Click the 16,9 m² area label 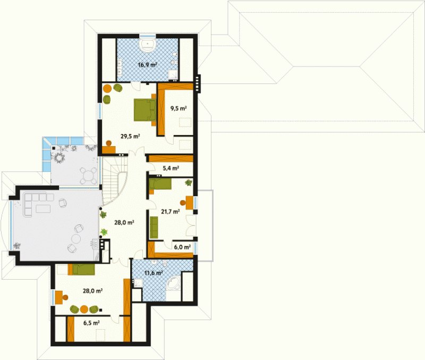coord(148,65)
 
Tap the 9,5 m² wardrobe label coord(178,108)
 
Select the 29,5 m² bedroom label coord(130,136)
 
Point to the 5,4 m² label coord(171,168)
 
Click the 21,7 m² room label coord(170,211)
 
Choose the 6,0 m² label coord(182,247)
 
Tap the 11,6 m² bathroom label coord(154,272)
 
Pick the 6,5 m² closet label coord(91,323)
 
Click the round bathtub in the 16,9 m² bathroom coord(148,45)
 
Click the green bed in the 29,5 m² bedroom coord(145,110)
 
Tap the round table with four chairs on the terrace coord(88,175)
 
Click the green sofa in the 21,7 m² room coord(154,228)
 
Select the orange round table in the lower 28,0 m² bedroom coord(84,309)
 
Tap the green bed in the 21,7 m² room coord(160,184)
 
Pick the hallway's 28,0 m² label coord(124,222)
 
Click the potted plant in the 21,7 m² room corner coord(189,182)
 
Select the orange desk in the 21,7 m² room coord(190,203)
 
